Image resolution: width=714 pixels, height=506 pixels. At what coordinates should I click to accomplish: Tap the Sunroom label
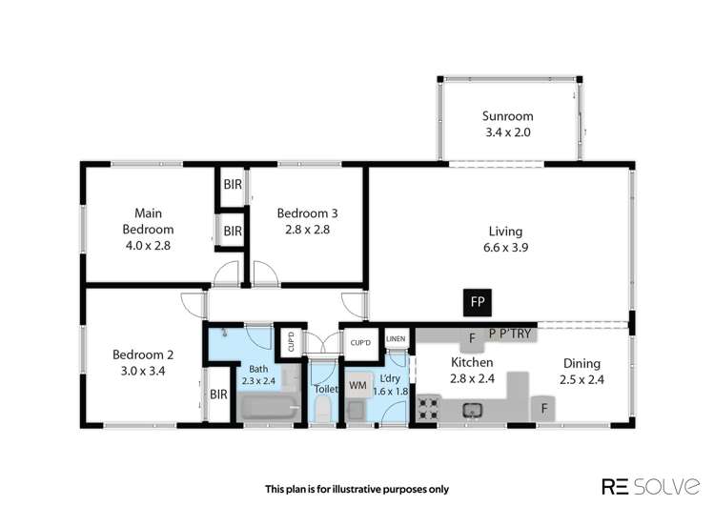point(507,117)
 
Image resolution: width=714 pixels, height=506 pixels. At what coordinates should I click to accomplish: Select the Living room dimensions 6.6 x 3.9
point(507,246)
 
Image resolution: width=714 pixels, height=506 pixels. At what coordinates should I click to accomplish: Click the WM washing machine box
point(357,385)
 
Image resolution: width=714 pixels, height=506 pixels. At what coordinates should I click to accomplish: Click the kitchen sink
point(471,411)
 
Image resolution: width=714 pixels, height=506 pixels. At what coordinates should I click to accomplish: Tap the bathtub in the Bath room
point(270,409)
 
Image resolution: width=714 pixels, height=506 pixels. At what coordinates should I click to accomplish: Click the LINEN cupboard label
point(396,338)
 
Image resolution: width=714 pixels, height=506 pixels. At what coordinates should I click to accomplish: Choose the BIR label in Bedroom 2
point(217,393)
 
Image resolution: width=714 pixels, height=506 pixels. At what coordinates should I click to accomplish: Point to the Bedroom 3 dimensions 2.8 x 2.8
point(303,230)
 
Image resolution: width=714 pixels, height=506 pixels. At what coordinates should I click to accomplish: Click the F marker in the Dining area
point(544,409)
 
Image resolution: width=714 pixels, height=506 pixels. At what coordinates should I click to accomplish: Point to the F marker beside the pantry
point(471,336)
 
